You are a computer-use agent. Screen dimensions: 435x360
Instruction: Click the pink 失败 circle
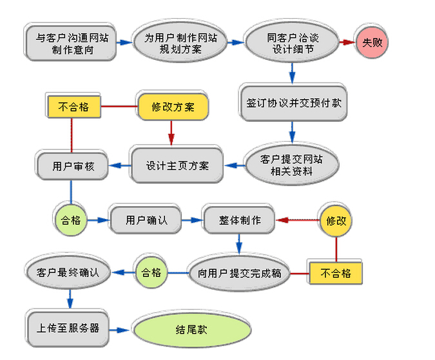(372, 43)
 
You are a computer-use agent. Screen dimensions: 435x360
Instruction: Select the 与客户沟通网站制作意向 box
(71, 43)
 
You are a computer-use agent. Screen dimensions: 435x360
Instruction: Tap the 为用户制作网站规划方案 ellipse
(180, 43)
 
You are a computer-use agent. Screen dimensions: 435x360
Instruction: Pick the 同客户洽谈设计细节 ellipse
(292, 43)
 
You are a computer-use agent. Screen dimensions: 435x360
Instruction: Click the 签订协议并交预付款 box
(293, 103)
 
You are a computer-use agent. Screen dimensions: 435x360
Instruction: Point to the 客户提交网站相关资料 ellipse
(292, 165)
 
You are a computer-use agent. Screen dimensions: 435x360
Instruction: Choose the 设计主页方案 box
(177, 166)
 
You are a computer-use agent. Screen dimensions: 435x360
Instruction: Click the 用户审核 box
(72, 166)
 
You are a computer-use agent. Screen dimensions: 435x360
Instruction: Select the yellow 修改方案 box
(173, 107)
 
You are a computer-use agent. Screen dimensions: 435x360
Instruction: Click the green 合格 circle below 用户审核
(71, 220)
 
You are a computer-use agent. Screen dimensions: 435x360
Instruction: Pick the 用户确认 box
(146, 220)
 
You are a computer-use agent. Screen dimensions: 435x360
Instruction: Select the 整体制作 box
(240, 220)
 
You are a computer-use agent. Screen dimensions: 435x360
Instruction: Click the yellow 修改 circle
(336, 221)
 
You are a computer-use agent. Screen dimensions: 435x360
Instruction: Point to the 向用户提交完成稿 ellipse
(239, 273)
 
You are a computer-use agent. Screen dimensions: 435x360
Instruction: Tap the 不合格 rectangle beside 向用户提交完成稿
(336, 273)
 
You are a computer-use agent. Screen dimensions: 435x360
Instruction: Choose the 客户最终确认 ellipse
(68, 272)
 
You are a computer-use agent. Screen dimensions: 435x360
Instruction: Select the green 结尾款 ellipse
(192, 330)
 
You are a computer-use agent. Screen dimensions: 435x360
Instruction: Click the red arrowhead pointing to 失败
(349, 43)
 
